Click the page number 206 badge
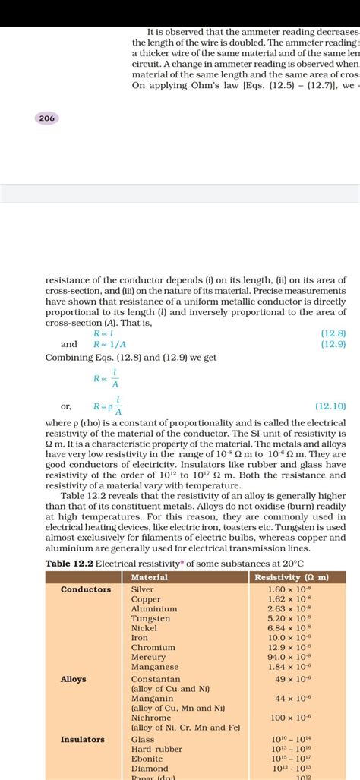46,118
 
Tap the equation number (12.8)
333,333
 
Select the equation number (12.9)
333,344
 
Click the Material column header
150,577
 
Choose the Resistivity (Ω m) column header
292,577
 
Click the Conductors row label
86,589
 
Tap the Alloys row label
74,679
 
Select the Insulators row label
83,739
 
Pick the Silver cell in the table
143,589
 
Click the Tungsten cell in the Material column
151,618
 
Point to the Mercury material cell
148,657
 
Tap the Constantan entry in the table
156,679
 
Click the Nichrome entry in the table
151,718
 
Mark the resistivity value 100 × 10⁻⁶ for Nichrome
291,718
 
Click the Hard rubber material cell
156,749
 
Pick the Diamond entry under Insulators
149,768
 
